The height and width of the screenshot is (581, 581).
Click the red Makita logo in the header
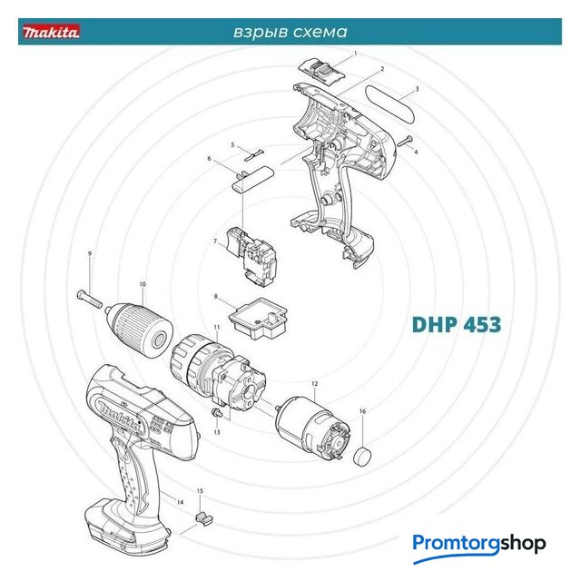[51, 32]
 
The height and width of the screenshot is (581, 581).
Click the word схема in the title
[320, 32]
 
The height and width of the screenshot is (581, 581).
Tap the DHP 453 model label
[456, 324]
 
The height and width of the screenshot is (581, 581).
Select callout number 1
[355, 54]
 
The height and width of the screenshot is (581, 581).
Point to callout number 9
[90, 254]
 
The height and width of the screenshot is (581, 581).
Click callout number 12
[315, 384]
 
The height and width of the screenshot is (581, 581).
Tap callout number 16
[362, 411]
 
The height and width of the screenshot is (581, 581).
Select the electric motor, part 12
[312, 428]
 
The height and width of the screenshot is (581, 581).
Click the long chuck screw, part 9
[89, 300]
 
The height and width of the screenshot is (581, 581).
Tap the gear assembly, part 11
[218, 374]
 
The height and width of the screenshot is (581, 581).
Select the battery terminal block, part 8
[258, 319]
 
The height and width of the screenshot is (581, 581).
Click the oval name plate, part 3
[390, 105]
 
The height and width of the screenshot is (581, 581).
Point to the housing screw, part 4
[405, 142]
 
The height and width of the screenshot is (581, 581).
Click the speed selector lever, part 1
[321, 71]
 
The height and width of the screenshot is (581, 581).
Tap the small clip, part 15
[203, 518]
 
